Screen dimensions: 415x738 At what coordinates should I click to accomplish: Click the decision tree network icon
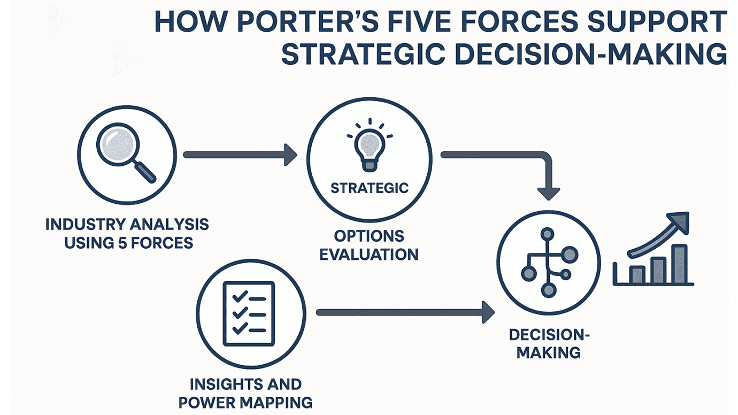click(x=547, y=262)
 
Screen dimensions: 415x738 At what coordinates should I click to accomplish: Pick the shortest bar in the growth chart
click(x=636, y=275)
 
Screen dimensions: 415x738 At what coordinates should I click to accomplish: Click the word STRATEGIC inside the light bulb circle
click(x=370, y=188)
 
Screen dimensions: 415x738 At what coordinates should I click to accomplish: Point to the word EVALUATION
click(x=369, y=253)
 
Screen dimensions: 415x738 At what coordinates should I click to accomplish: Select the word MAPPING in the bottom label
click(x=278, y=402)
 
